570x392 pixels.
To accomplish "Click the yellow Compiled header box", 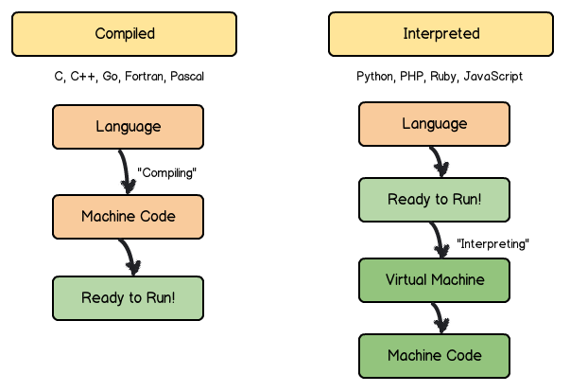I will tap(124, 34).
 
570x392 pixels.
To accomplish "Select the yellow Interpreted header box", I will tap(441, 34).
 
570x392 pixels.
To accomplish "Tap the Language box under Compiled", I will tap(128, 127).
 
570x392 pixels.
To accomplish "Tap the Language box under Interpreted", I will tap(434, 124).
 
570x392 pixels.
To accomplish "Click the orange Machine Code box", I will tap(128, 216).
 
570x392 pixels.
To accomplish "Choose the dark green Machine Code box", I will tap(434, 356).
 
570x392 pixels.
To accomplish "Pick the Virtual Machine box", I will tap(434, 280).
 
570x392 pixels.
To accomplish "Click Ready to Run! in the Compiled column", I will tap(128, 297).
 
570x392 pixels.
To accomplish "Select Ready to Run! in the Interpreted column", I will tap(434, 200).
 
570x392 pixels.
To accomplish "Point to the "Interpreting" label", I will tap(492, 243).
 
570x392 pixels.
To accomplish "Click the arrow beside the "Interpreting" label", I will tap(439, 241).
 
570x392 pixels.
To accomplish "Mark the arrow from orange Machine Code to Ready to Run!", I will tap(130, 256).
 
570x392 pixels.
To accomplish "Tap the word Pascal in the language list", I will tap(187, 77).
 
